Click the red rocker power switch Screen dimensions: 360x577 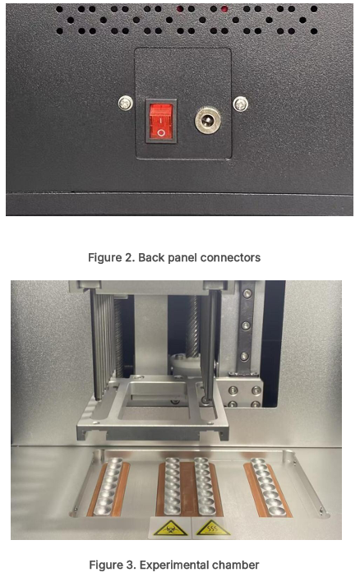(161, 121)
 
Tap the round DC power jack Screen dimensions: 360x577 (208, 120)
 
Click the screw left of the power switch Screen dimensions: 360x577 (126, 103)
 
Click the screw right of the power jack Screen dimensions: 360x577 (241, 104)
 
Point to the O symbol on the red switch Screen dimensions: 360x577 (161, 132)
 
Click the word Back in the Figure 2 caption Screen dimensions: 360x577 (149, 257)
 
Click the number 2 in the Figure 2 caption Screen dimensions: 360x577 (131, 257)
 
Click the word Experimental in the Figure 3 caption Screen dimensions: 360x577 (173, 565)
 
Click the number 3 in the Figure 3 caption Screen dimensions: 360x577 (131, 565)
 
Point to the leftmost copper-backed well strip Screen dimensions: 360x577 (109, 488)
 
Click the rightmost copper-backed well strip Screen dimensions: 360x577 (268, 487)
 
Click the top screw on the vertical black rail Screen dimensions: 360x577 (247, 293)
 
